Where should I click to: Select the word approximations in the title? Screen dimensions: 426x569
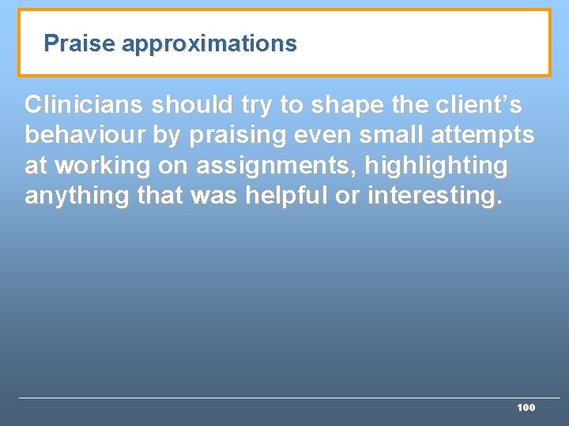click(x=209, y=43)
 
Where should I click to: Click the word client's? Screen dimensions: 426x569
click(x=476, y=104)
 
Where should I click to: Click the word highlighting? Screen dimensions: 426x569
click(x=435, y=166)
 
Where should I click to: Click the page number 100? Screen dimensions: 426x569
click(x=526, y=408)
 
